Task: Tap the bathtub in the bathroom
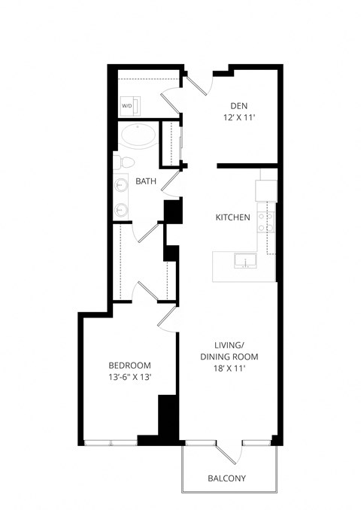coord(139,136)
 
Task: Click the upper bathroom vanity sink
coord(122,184)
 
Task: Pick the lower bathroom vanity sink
coord(122,209)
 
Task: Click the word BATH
coord(146,181)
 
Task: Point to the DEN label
coord(239,106)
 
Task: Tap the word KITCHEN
coord(232,217)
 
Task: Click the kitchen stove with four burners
coord(265,220)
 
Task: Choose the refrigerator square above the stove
coord(266,190)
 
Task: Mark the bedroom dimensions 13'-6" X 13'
coord(130,378)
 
